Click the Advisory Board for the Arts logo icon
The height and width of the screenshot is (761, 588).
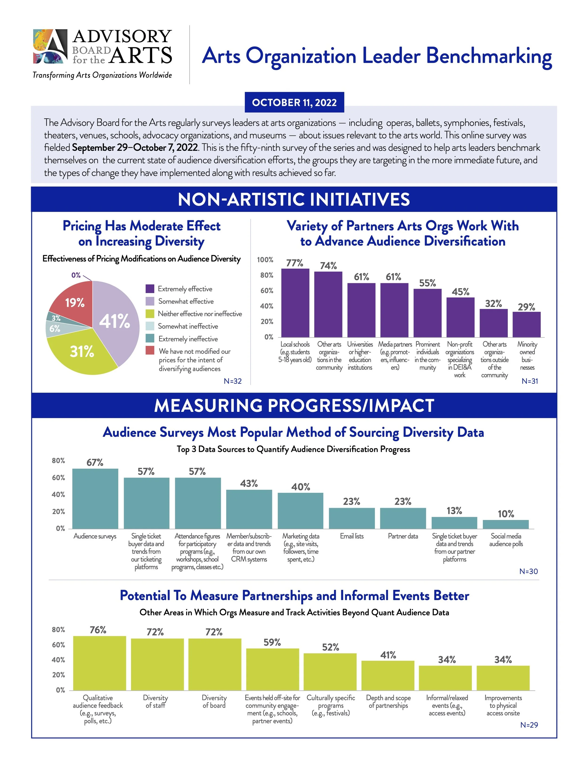[x=50, y=46]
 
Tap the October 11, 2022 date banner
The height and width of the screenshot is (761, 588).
[x=294, y=102]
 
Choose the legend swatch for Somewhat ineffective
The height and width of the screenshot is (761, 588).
[x=150, y=326]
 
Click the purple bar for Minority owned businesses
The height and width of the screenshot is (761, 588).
[x=526, y=324]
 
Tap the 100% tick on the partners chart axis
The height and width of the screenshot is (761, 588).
[x=265, y=260]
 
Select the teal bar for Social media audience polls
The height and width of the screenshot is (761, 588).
[x=505, y=524]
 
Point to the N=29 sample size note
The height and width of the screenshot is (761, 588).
[x=529, y=725]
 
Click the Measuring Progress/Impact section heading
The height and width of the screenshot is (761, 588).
[x=294, y=406]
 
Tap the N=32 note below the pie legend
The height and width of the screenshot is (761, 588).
[x=232, y=381]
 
